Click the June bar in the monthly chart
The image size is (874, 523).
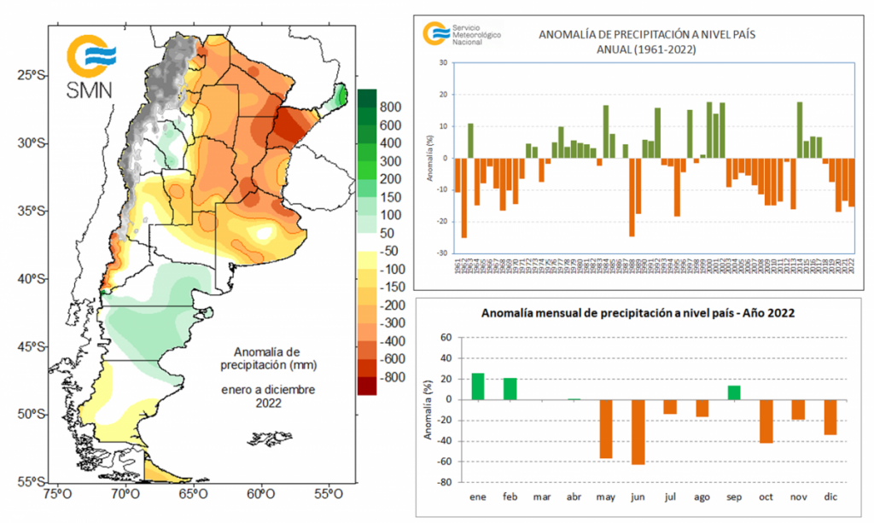638,432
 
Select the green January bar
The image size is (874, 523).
478,386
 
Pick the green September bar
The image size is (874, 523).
734,392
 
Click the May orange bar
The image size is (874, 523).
606,429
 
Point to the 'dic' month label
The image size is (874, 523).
830,497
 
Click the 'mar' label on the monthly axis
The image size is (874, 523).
542,497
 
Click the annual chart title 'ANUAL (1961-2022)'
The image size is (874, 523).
647,49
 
